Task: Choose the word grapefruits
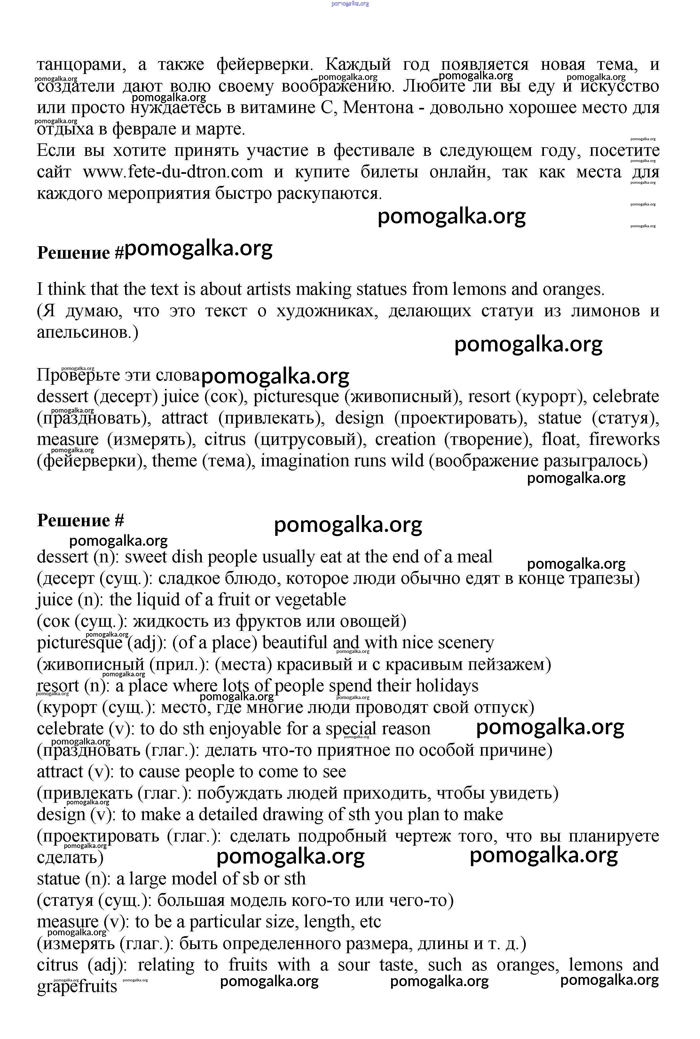77,986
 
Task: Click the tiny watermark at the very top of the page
350,4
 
